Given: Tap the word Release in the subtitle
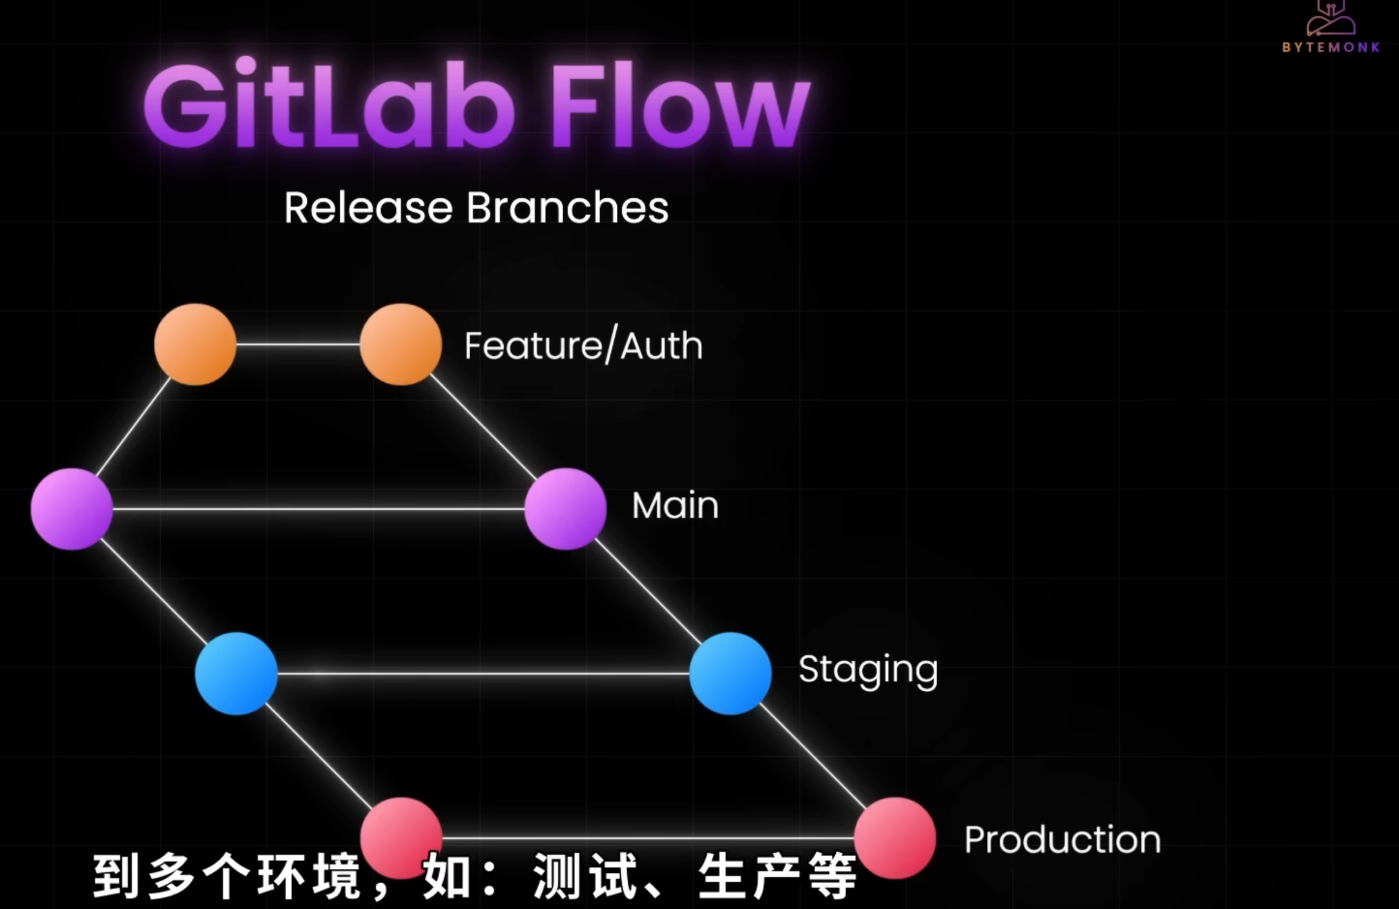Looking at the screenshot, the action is pyautogui.click(x=368, y=208).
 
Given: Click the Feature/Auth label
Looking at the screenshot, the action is pyautogui.click(x=583, y=345).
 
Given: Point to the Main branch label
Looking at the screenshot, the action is pyautogui.click(x=675, y=505).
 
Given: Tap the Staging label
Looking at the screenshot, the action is pyautogui.click(x=868, y=670).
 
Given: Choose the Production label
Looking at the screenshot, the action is pyautogui.click(x=1062, y=839).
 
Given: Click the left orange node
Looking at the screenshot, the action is pyautogui.click(x=195, y=345).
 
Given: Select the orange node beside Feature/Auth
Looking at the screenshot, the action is pyautogui.click(x=400, y=345).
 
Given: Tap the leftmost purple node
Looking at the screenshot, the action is pyautogui.click(x=72, y=509).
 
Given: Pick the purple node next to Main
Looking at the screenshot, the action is pyautogui.click(x=565, y=509).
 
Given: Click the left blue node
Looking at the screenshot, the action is pyautogui.click(x=236, y=673).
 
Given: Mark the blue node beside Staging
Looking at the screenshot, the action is pyautogui.click(x=730, y=673).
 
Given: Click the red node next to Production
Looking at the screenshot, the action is pyautogui.click(x=895, y=838).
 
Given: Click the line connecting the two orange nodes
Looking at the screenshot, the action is pyautogui.click(x=298, y=344).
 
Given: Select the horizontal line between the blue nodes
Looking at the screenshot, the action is pyautogui.click(x=483, y=673).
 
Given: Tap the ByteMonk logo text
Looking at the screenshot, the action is pyautogui.click(x=1331, y=47).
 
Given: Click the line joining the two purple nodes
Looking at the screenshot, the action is pyautogui.click(x=318, y=509).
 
